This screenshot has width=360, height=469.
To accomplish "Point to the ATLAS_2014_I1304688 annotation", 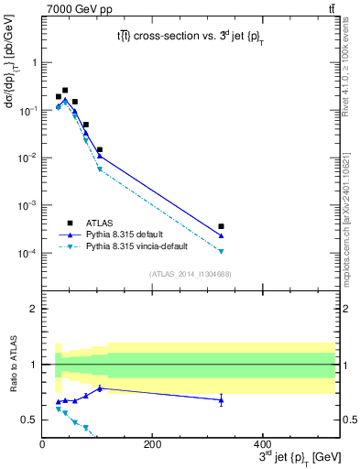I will pos(191,274).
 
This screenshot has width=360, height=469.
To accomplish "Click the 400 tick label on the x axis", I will pos(262,444).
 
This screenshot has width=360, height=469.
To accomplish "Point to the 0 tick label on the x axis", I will pos(42,444).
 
